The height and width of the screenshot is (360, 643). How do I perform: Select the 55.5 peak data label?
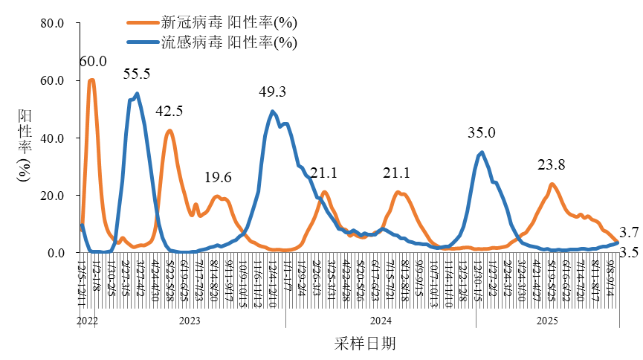click(x=137, y=74)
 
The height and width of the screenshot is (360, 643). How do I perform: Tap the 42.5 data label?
click(x=169, y=112)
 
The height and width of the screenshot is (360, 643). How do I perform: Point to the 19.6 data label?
click(x=219, y=177)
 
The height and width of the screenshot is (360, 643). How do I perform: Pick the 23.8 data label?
click(x=552, y=164)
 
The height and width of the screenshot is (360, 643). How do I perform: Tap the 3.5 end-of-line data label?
click(x=629, y=253)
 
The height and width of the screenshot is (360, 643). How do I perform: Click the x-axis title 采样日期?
click(x=364, y=343)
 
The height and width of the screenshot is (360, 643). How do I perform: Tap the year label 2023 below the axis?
click(x=190, y=321)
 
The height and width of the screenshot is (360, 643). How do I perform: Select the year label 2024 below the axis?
click(x=381, y=321)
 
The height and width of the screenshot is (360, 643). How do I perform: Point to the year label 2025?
click(x=547, y=321)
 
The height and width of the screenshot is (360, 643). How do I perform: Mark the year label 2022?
click(x=88, y=321)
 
